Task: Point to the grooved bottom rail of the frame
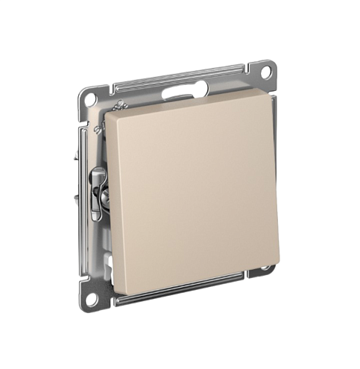coord(179,293)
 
